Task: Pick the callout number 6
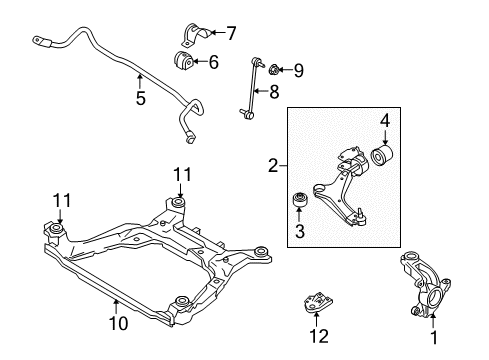[212, 61]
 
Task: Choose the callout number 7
[230, 32]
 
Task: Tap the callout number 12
[317, 341]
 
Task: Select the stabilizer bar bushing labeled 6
[185, 62]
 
